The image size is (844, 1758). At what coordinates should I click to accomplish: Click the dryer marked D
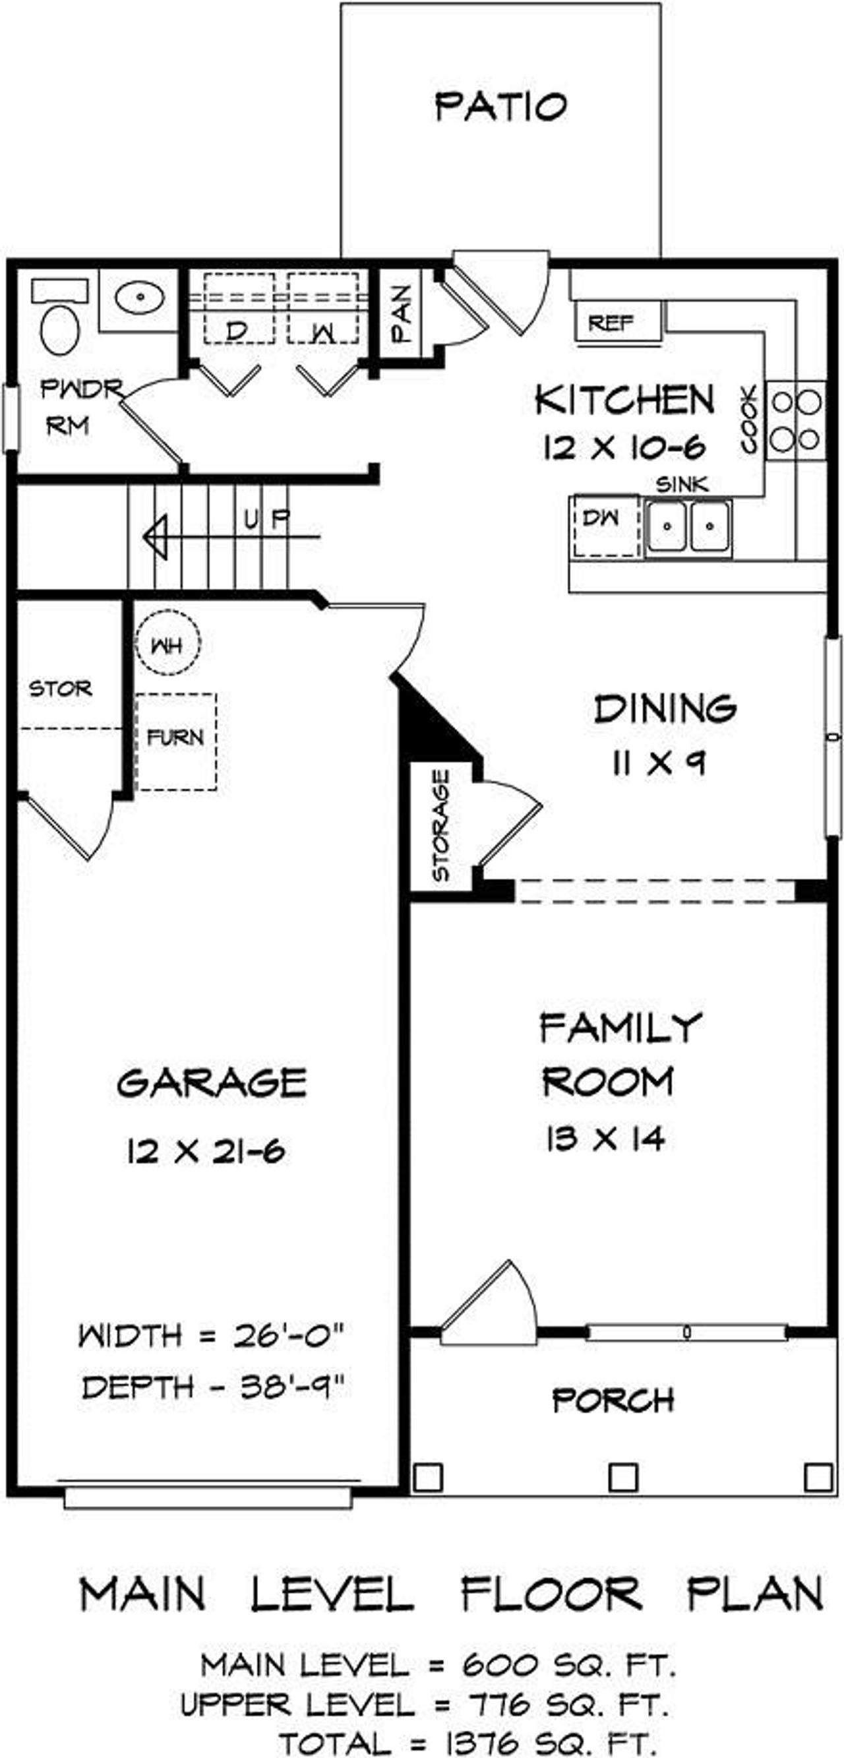(x=238, y=309)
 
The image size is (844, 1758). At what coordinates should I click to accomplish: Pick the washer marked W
(x=322, y=309)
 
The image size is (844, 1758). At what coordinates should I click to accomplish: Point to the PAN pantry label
(x=400, y=313)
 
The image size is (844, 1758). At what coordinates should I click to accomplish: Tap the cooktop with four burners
(x=795, y=420)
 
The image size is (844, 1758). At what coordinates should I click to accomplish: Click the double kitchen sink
(x=688, y=526)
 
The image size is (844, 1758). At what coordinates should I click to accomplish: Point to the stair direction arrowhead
(x=156, y=537)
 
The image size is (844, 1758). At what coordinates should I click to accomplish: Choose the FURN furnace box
(x=176, y=741)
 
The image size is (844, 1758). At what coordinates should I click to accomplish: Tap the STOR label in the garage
(x=60, y=689)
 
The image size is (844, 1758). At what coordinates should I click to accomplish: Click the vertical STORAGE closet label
(x=441, y=825)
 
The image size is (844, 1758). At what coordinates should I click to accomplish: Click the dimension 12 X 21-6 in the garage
(x=205, y=1152)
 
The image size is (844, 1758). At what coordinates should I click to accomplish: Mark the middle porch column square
(x=622, y=1478)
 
